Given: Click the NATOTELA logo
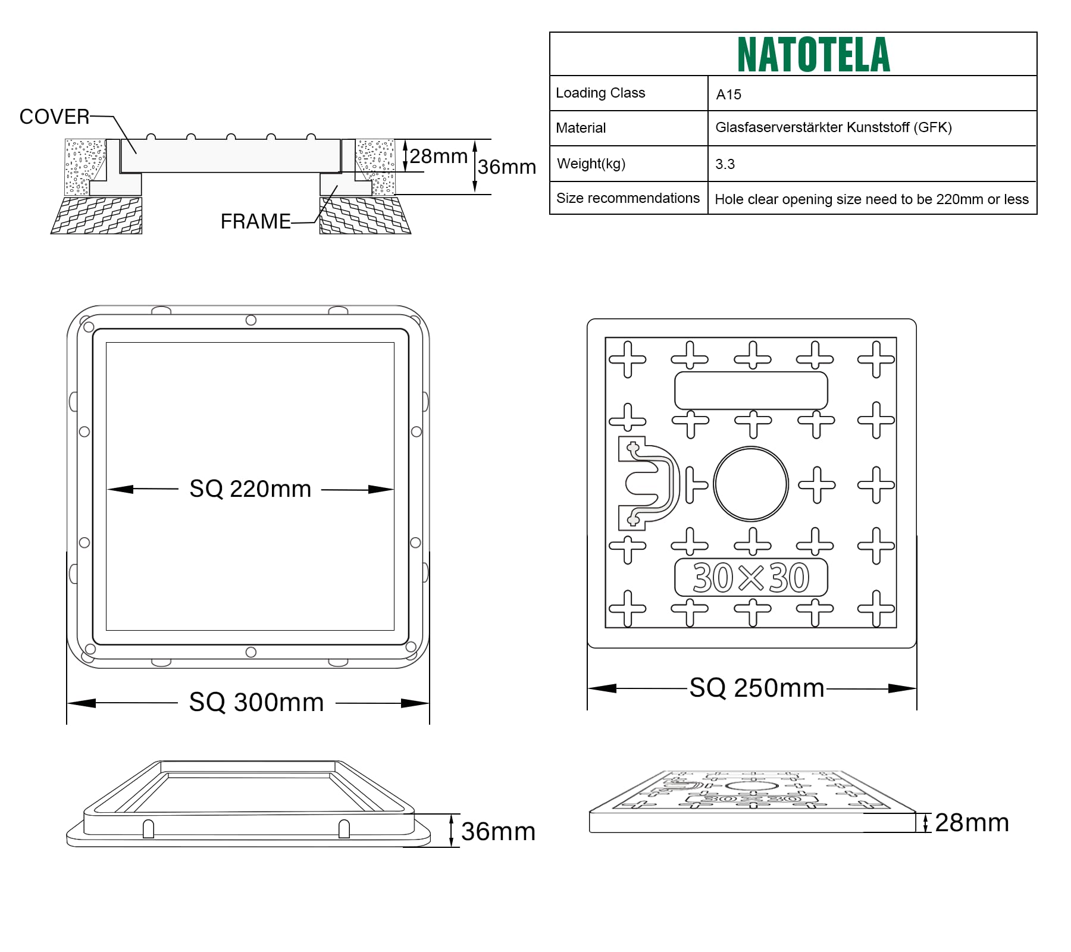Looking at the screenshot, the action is pyautogui.click(x=813, y=55).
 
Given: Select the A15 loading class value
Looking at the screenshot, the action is pyautogui.click(x=728, y=95).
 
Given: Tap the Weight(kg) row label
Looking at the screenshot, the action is pyautogui.click(x=591, y=164).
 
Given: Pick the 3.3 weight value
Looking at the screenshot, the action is pyautogui.click(x=725, y=164).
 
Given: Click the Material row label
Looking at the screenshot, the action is pyautogui.click(x=581, y=128).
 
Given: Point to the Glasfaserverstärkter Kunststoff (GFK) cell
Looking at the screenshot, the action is pyautogui.click(x=834, y=127).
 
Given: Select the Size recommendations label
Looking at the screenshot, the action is pyautogui.click(x=628, y=198).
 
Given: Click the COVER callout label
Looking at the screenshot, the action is pyautogui.click(x=54, y=117).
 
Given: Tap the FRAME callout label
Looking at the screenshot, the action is pyautogui.click(x=255, y=221).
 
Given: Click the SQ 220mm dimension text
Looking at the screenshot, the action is pyautogui.click(x=250, y=489).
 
